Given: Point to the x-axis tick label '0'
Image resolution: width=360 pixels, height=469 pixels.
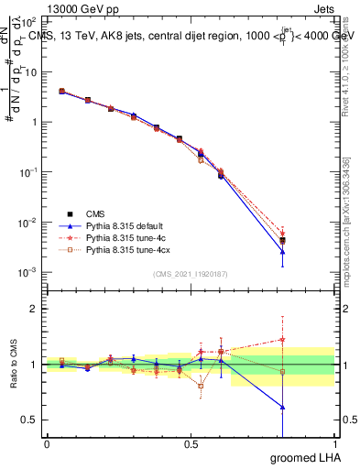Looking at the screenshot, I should pyautogui.click(x=46, y=444).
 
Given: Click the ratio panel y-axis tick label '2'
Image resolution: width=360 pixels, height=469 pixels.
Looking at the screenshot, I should pyautogui.click(x=34, y=309).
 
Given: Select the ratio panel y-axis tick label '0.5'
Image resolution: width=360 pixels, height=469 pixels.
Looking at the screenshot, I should pyautogui.click(x=29, y=420).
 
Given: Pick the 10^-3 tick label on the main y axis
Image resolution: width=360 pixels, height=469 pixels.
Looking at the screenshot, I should pyautogui.click(x=28, y=272).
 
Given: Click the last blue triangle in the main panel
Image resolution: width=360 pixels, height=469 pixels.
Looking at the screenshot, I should pyautogui.click(x=282, y=251).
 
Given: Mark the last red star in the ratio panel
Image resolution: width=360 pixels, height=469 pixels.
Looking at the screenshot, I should pyautogui.click(x=282, y=339).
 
